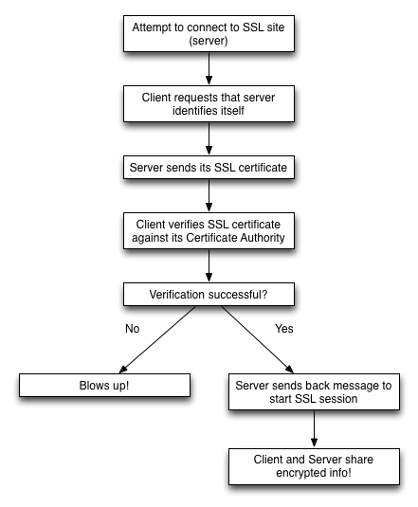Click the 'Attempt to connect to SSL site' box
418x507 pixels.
(x=209, y=33)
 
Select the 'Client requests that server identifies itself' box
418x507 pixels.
(x=209, y=104)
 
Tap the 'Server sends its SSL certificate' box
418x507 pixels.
(x=209, y=167)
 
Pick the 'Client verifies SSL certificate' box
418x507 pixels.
(x=209, y=230)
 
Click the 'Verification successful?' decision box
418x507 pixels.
(x=209, y=294)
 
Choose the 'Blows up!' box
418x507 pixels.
(x=104, y=385)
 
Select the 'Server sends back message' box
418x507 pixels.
(x=314, y=392)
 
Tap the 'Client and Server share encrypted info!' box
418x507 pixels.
(x=314, y=466)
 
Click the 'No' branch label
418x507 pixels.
(x=132, y=329)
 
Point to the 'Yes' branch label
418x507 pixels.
(x=284, y=329)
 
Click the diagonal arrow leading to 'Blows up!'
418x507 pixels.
(x=157, y=339)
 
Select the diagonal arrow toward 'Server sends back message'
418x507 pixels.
(x=258, y=339)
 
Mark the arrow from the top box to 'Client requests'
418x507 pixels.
(x=209, y=68)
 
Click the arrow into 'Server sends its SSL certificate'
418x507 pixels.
(x=209, y=138)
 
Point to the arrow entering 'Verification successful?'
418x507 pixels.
(x=209, y=265)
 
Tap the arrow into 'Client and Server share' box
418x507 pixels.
(x=314, y=429)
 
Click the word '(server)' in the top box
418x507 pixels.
(x=209, y=41)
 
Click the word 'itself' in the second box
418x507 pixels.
(x=232, y=111)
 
